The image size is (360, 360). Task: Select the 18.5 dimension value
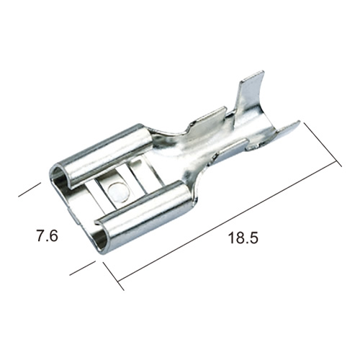point(243,238)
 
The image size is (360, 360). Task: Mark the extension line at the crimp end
point(323,144)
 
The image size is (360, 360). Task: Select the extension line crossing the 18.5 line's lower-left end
point(114,276)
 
